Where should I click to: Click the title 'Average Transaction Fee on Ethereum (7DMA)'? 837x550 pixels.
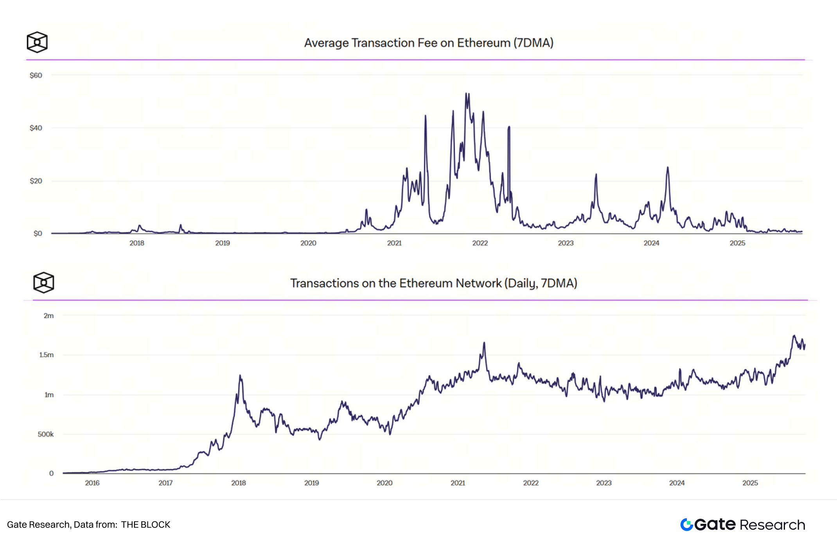(x=429, y=43)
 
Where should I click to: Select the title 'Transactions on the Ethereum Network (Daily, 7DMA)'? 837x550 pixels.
(x=433, y=283)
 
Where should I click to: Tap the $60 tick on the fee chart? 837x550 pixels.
(x=36, y=75)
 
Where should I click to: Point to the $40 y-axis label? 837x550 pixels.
(x=36, y=128)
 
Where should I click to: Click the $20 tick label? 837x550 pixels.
(x=36, y=181)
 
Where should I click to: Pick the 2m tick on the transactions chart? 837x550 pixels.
(x=48, y=316)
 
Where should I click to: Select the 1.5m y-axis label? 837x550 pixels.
(x=46, y=355)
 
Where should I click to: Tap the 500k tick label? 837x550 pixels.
(x=45, y=434)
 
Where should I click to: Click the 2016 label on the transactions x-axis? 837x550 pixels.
(x=92, y=483)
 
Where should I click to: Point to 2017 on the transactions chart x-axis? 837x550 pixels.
(x=165, y=483)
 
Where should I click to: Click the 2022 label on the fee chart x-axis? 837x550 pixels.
(x=480, y=243)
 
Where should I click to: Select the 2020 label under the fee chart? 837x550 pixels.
(x=308, y=243)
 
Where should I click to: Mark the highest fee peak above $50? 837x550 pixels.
(x=467, y=94)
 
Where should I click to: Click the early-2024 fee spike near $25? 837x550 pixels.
(x=668, y=168)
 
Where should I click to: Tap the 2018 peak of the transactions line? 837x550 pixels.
(x=240, y=376)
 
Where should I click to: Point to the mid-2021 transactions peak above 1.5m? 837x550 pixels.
(x=484, y=343)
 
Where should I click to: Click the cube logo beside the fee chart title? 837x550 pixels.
(x=37, y=42)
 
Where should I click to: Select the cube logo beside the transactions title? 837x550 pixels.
(x=43, y=282)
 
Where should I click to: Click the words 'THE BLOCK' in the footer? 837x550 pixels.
(x=145, y=525)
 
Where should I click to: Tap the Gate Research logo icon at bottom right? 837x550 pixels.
(x=686, y=525)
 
